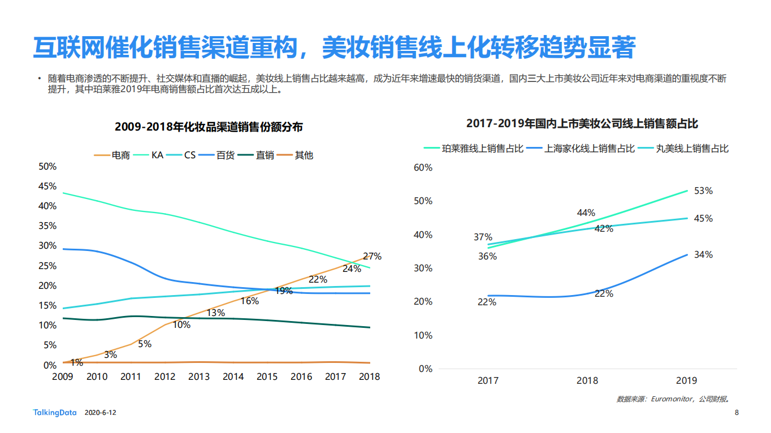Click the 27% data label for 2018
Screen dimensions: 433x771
(371, 256)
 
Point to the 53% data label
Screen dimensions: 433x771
(703, 191)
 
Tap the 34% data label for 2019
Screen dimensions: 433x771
(703, 255)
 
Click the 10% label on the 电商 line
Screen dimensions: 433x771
(181, 325)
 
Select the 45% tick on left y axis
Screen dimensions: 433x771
(47, 187)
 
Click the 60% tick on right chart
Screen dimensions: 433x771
(423, 167)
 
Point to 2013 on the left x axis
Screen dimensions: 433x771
(199, 376)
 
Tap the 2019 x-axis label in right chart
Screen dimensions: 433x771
(687, 380)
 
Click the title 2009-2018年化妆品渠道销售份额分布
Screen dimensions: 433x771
(209, 127)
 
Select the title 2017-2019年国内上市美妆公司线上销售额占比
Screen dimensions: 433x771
(582, 123)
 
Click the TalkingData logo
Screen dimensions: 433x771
(54, 413)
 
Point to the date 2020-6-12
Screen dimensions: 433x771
(100, 413)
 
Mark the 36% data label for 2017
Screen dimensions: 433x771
(487, 257)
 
